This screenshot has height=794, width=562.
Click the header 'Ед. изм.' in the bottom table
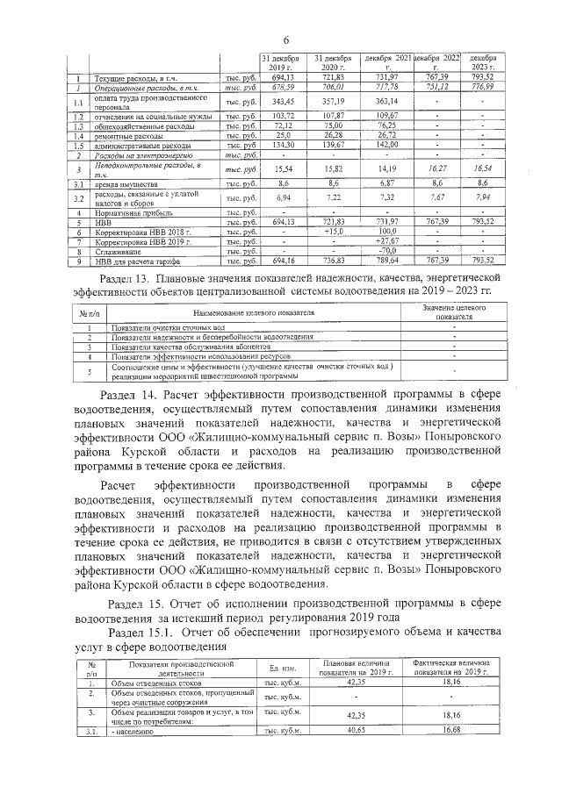coord(280,669)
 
